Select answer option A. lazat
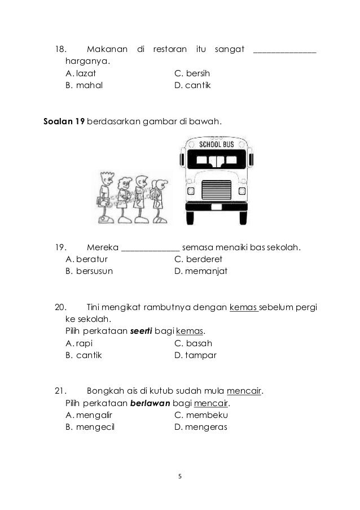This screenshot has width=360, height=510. (81, 73)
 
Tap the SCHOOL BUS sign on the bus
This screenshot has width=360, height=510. (216, 143)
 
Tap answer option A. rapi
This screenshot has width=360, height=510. (80, 343)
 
